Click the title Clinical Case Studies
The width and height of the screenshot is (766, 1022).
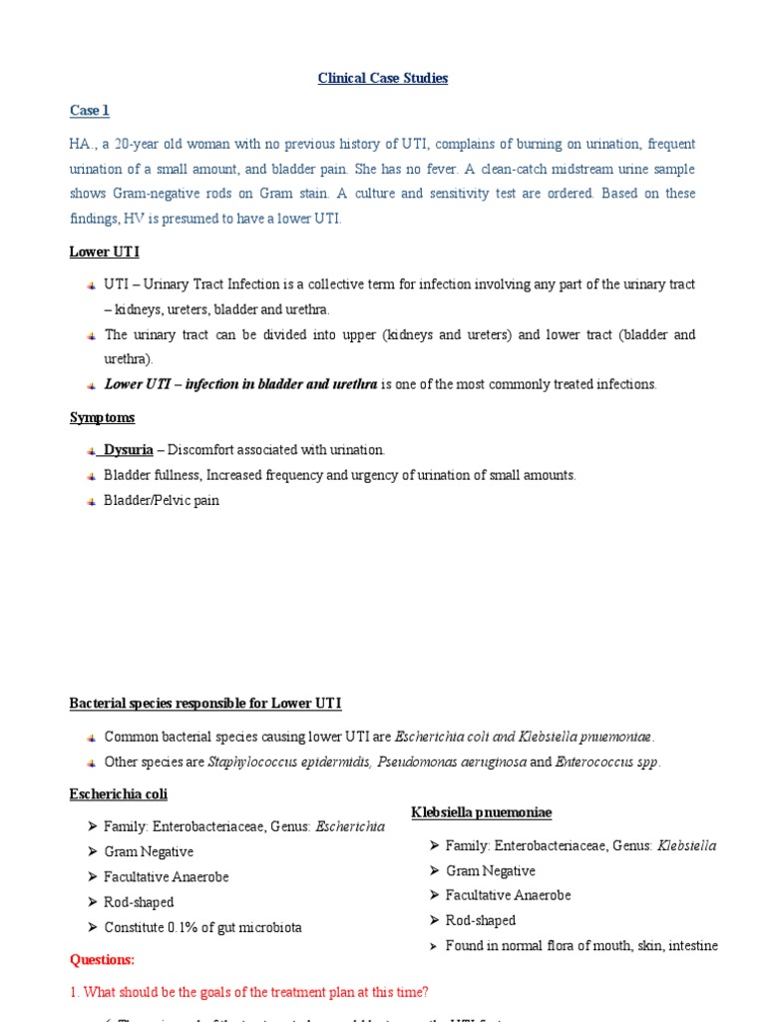(383, 79)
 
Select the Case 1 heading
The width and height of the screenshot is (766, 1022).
(89, 111)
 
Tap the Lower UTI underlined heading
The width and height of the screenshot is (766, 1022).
(104, 253)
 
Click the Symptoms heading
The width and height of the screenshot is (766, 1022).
(102, 417)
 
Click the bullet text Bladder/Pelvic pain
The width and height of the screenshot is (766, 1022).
(161, 500)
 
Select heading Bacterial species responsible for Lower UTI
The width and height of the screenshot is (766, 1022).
(204, 704)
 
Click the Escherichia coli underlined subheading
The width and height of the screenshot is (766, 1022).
(118, 794)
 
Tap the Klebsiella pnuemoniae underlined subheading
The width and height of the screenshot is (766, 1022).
(482, 813)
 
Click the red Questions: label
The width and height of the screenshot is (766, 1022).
(102, 960)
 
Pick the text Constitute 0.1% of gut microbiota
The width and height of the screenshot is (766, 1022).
(202, 927)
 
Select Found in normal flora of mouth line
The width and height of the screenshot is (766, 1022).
(581, 946)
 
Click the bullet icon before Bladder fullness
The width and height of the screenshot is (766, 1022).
(91, 476)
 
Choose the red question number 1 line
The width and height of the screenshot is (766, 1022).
(249, 992)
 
